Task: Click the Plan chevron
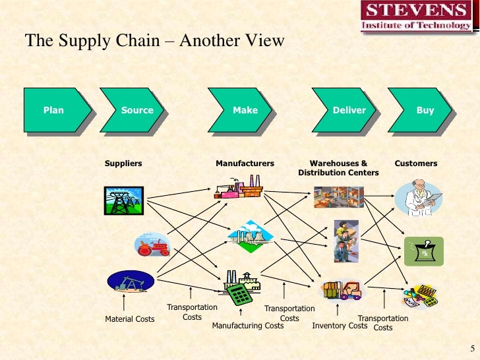pyautogui.click(x=57, y=110)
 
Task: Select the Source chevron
pyautogui.click(x=135, y=110)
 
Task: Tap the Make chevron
pyautogui.click(x=244, y=110)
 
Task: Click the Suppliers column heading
pyautogui.click(x=123, y=163)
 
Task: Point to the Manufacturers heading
pyautogui.click(x=245, y=163)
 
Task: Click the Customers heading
pyautogui.click(x=415, y=163)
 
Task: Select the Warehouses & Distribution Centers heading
pyautogui.click(x=338, y=167)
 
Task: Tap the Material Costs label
pyautogui.click(x=130, y=319)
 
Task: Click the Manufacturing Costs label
pyautogui.click(x=247, y=325)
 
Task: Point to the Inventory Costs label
pyautogui.click(x=339, y=325)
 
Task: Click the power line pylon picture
pyautogui.click(x=123, y=200)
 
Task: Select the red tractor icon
pyautogui.click(x=152, y=245)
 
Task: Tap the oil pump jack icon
pyautogui.click(x=130, y=282)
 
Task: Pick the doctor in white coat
pyautogui.click(x=417, y=198)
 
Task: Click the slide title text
pyautogui.click(x=155, y=41)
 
